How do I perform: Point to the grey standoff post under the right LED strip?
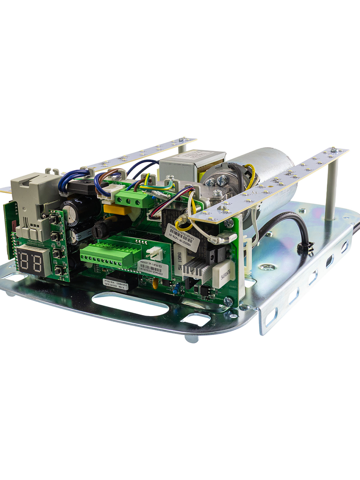(331, 190)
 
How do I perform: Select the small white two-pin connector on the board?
(154, 253)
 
